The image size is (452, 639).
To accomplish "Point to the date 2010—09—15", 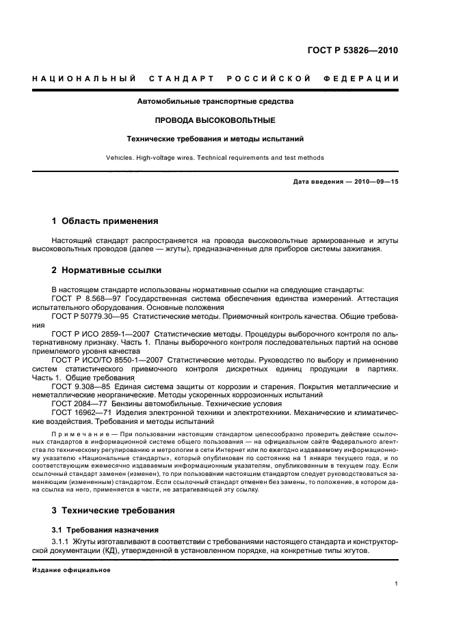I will [x=375, y=182].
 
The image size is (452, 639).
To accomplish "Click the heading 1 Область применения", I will [x=105, y=221].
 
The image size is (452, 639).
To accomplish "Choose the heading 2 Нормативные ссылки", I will [x=107, y=270].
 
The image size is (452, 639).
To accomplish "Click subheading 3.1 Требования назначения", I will [x=105, y=530].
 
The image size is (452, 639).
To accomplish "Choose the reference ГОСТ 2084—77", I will [x=78, y=403].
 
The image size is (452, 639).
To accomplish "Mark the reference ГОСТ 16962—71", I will [x=80, y=412].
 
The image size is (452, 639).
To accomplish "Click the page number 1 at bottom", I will [x=397, y=584].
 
